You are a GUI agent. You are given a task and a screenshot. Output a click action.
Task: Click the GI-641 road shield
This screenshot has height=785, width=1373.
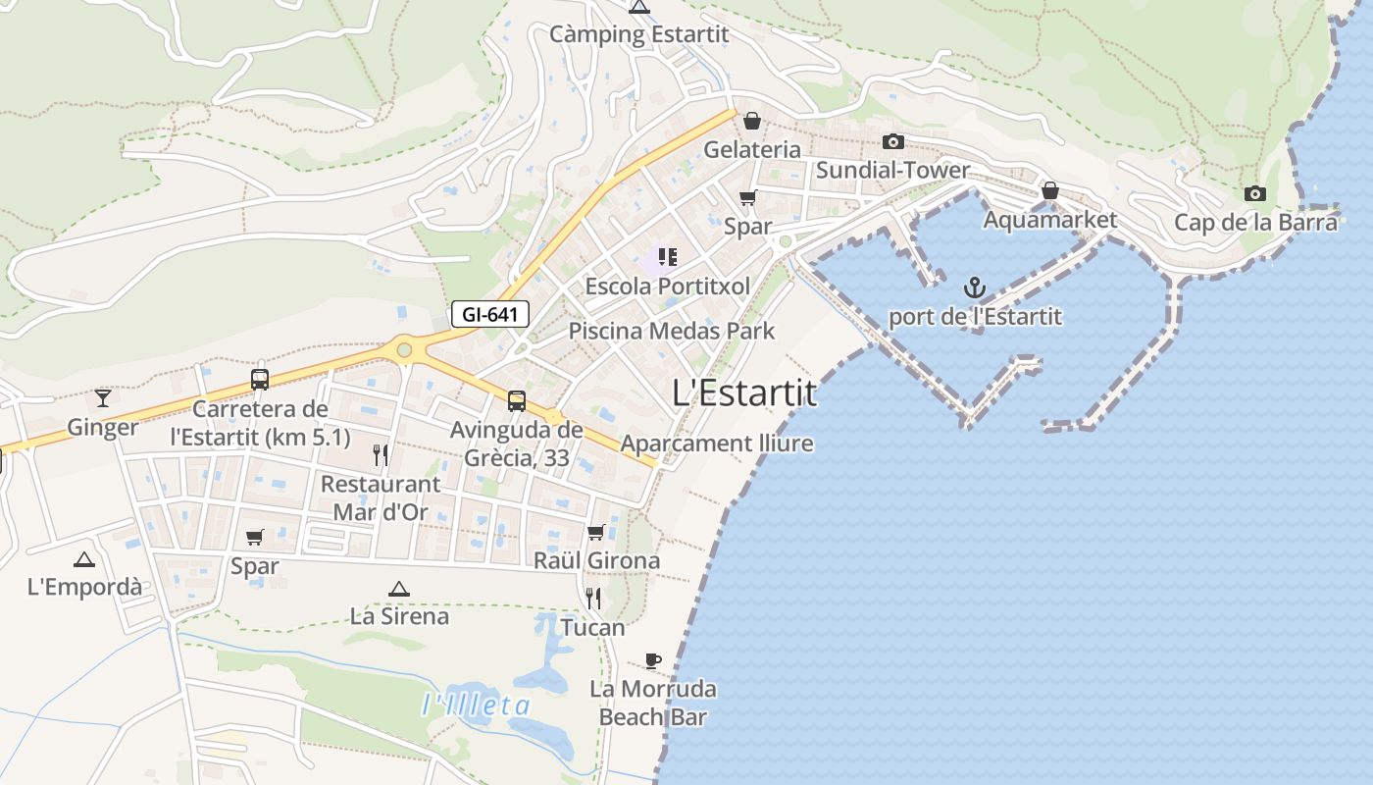point(490,315)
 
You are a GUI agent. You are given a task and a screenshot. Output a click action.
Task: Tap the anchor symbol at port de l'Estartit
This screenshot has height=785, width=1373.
point(974,288)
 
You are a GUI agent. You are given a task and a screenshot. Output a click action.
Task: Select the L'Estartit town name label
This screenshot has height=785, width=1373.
point(744,392)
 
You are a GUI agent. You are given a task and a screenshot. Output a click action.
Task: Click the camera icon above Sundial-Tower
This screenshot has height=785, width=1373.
point(892,141)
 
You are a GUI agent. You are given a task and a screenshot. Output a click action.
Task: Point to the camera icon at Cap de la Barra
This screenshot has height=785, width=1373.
point(1254,193)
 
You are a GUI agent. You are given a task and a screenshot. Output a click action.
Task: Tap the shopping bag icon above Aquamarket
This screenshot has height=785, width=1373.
point(1049,190)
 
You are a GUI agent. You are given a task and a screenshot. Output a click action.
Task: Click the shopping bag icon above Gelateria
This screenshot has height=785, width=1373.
point(751,121)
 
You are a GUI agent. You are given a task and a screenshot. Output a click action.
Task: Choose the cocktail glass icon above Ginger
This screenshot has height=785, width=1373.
point(102,397)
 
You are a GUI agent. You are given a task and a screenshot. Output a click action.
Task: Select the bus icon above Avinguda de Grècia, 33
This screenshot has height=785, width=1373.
point(516,400)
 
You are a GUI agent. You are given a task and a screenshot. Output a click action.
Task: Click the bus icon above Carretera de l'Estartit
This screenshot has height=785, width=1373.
point(260,379)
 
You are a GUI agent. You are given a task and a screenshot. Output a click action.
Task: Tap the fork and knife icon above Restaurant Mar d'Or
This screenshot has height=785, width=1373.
point(381,454)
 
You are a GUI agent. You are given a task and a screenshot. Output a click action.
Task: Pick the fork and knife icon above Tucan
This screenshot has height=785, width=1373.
point(592,598)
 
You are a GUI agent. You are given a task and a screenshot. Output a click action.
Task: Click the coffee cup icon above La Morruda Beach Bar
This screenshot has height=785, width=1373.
point(653,659)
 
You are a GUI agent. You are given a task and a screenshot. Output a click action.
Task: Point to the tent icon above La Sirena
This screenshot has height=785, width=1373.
point(398,589)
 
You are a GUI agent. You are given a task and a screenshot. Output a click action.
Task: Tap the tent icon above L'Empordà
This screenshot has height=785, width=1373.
point(84,559)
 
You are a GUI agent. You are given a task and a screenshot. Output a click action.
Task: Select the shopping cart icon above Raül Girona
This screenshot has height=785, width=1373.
point(595,532)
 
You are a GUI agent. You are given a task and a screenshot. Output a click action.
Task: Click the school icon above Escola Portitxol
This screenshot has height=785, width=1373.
point(667,257)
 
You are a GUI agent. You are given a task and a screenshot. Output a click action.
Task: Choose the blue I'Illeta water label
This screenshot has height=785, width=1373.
point(477,705)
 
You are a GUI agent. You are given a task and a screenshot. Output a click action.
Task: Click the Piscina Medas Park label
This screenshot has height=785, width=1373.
point(672,331)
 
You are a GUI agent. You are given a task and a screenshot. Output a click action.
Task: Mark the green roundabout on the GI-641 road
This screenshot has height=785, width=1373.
point(404,349)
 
